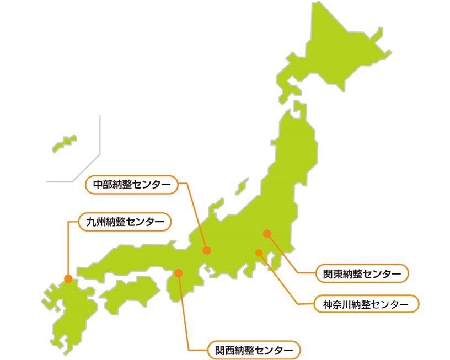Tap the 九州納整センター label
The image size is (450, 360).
(125, 222)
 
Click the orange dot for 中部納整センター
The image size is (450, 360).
(207, 250)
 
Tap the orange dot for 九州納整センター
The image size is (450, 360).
(68, 278)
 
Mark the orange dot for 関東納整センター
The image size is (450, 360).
(267, 233)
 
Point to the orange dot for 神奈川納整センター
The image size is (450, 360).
(259, 252)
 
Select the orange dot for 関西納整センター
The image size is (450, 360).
(178, 272)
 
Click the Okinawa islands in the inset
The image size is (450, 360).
(65, 142)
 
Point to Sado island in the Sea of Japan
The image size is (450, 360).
(241, 186)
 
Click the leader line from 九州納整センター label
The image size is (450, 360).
(68, 248)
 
